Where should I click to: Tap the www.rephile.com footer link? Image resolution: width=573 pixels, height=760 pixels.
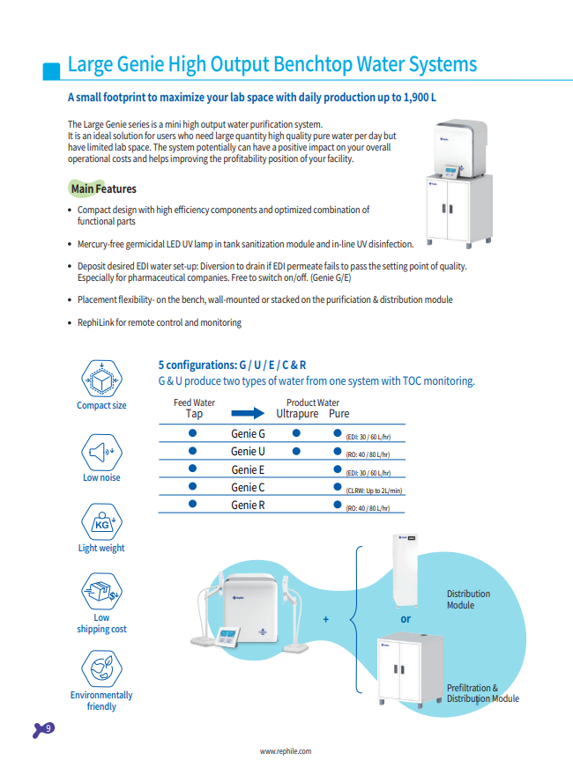pos(285,751)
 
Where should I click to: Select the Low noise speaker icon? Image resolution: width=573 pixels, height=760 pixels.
pos(101,453)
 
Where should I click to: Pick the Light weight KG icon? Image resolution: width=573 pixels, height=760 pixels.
pos(101,523)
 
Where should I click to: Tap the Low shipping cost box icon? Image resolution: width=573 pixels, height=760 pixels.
pos(101,593)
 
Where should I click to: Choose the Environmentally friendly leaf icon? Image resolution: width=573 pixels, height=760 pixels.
pos(101,669)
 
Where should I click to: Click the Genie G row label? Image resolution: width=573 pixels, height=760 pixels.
pos(248,433)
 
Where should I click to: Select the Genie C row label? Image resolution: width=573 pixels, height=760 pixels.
pos(248,487)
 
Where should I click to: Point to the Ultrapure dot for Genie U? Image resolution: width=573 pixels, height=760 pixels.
pos(297,451)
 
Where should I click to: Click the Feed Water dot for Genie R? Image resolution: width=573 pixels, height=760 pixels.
pos(191,505)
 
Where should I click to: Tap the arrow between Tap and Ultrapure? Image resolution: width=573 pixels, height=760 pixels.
pos(248,413)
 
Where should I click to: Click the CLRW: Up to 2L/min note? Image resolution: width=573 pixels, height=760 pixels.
pos(374,490)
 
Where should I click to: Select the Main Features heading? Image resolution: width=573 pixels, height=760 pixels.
pos(103,188)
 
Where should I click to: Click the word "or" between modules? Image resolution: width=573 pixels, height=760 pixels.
pos(406,618)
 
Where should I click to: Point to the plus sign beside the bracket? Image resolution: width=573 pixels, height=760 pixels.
pos(325,619)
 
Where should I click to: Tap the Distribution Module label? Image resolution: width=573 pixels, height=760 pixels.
pos(468,600)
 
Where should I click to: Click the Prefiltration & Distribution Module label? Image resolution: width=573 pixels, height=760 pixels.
pos(482,693)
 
